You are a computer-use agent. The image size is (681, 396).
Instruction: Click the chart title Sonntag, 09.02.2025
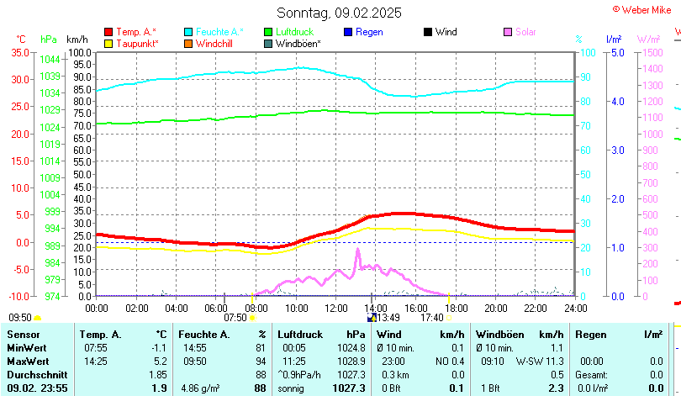point(339,13)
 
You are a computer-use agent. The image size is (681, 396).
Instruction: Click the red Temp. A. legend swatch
point(108,32)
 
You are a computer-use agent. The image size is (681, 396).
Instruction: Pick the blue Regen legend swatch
point(348,32)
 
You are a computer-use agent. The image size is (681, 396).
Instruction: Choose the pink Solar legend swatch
point(508,32)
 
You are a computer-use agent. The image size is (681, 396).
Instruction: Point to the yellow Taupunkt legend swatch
point(108,43)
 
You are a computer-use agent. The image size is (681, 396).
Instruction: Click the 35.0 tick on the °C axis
point(18,52)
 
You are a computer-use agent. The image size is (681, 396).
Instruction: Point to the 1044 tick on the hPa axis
point(50,59)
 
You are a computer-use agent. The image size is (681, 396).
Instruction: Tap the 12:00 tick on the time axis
point(335,308)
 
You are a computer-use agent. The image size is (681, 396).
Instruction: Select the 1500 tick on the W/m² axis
point(652,52)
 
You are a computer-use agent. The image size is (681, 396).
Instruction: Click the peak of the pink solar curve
point(357,250)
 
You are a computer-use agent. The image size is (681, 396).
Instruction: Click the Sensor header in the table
point(24,335)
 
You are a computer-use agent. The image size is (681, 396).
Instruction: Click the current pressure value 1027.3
point(349,388)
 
